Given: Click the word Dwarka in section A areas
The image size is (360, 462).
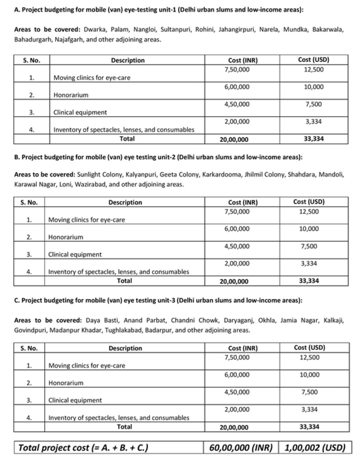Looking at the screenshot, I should point(95,30).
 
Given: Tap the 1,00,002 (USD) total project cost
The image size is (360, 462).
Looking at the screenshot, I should point(315,447).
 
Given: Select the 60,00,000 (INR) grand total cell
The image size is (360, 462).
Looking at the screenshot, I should point(240,447).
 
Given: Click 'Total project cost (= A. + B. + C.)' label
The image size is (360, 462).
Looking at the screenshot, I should point(83,447).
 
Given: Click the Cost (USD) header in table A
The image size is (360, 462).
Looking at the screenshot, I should point(314,60).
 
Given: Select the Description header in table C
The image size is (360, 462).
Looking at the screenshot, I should point(125,348).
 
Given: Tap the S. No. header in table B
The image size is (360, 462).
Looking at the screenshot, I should point(29,202).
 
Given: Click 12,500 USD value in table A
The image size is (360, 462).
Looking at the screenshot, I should point(314,70).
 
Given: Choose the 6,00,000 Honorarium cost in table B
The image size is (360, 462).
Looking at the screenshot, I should point(237,229).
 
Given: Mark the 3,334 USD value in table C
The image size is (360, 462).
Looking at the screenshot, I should point(309,409).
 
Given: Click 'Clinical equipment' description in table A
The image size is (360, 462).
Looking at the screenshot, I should point(80,112).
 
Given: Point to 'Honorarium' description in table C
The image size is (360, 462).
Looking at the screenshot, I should point(66,383).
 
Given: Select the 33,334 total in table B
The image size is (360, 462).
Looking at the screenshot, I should point(309,281).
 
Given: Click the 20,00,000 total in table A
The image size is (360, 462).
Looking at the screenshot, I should point(234,140).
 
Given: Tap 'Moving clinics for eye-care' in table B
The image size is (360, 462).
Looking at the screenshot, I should point(86,220).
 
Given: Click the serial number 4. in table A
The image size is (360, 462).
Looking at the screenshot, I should point(32,130).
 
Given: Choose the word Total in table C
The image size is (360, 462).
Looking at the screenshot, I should point(124,426).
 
